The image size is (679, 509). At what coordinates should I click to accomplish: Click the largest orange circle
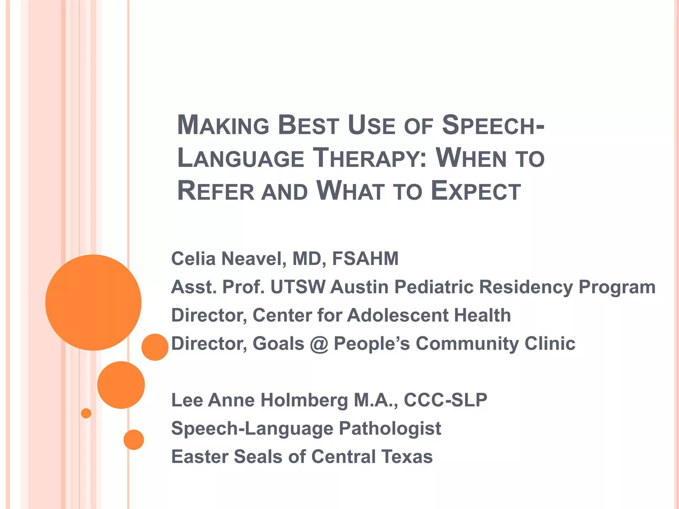tap(93, 302)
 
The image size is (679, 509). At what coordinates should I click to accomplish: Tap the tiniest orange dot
tap(86, 413)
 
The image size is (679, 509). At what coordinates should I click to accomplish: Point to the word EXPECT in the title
tap(476, 192)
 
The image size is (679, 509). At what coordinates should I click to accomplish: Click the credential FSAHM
tap(365, 258)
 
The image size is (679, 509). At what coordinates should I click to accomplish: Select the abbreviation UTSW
tap(298, 287)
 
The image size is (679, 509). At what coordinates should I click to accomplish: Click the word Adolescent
tap(398, 315)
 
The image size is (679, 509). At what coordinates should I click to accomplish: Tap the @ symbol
tap(319, 344)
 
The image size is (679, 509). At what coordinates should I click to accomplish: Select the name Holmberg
tap(304, 400)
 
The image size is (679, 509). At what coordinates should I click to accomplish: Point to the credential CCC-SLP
tap(445, 400)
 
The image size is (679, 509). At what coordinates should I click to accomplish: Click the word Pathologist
tap(390, 428)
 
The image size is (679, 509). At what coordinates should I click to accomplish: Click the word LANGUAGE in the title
tap(241, 158)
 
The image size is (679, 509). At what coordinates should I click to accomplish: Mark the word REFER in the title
tap(216, 192)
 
